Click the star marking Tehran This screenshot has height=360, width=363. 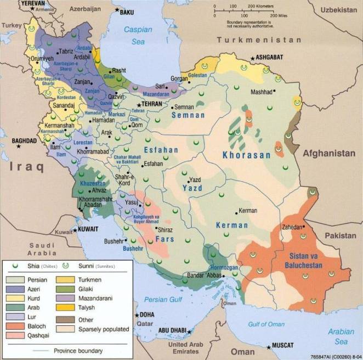[138, 103]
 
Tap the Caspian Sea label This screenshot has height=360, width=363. [137, 36]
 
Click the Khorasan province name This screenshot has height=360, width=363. [246, 155]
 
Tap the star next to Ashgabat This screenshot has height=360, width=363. [253, 57]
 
